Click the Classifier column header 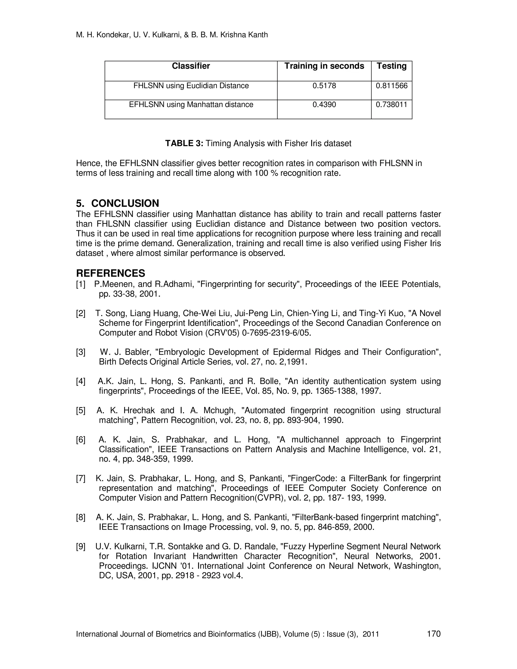(191, 66)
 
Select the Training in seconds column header (324, 66)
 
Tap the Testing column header (392, 66)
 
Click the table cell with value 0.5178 (324, 86)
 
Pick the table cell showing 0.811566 (392, 86)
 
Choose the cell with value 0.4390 (324, 105)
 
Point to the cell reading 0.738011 (392, 105)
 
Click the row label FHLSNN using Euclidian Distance (191, 86)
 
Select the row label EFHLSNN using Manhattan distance (191, 105)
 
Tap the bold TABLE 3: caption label (184, 143)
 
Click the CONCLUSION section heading (125, 203)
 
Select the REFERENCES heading (111, 273)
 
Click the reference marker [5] (81, 410)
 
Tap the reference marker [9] (81, 547)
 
